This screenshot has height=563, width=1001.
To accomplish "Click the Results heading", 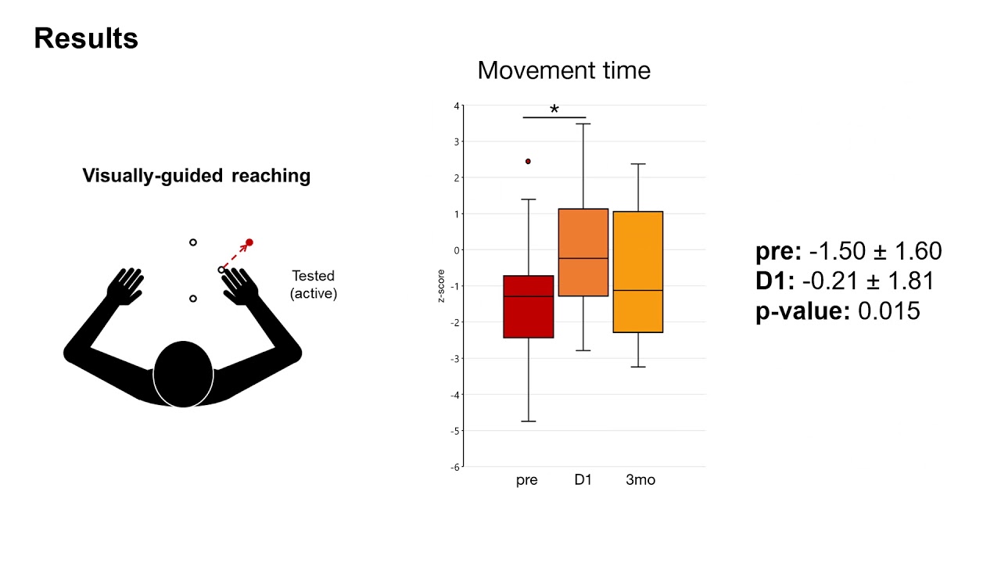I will coord(86,38).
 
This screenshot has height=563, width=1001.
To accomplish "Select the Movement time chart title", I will coord(564,70).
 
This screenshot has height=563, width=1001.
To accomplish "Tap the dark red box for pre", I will coord(529,307).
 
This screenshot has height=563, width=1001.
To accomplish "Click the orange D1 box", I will coord(583,252).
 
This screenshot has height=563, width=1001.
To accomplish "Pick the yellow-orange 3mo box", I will coord(638,271).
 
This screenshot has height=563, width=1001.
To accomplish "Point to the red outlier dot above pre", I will coord(529,161).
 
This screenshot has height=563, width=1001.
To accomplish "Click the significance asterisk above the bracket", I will coord(554,109).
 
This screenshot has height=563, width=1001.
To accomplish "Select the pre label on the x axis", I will coord(527,480).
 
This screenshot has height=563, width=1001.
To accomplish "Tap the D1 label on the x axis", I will coord(583,480).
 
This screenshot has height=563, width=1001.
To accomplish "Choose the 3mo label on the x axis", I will coord(640,480).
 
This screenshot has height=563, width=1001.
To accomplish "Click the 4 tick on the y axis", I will coord(457,106).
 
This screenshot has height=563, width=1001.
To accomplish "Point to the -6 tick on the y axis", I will coord(455,467).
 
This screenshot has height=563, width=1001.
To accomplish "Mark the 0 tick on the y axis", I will coord(457,250).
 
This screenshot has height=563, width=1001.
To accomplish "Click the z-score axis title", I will coord(443,287).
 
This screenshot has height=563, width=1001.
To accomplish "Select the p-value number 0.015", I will coord(889,311).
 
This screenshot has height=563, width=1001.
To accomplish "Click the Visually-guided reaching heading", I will coord(196,176).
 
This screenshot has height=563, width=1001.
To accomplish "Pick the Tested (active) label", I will coord(313,285).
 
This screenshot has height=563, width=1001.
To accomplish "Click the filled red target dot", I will coord(249,242).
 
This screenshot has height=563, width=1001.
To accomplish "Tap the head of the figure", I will coord(184,374).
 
